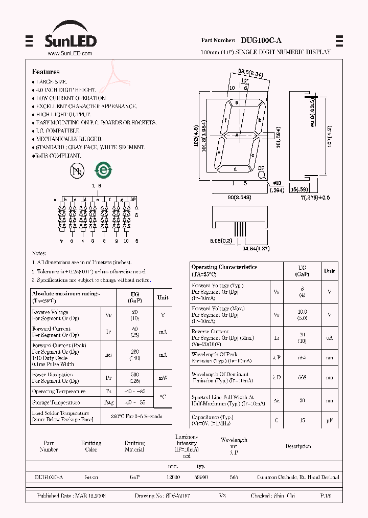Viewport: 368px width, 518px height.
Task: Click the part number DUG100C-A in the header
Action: pos(261,40)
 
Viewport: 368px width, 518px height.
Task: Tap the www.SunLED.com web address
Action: pos(70,53)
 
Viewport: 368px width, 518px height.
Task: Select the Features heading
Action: pos(45,72)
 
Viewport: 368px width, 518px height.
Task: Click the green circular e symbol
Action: pos(104,170)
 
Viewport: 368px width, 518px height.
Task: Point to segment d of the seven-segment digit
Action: pos(235,169)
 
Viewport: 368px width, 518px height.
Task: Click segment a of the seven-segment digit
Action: pos(237,102)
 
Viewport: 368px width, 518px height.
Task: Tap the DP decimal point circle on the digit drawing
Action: pos(261,174)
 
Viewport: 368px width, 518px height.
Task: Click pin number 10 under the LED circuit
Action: pos(126,241)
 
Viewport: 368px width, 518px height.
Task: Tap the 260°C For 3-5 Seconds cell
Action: pos(132,416)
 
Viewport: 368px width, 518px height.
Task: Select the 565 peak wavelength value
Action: pos(302,358)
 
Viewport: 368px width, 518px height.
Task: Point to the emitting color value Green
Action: pos(91,477)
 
